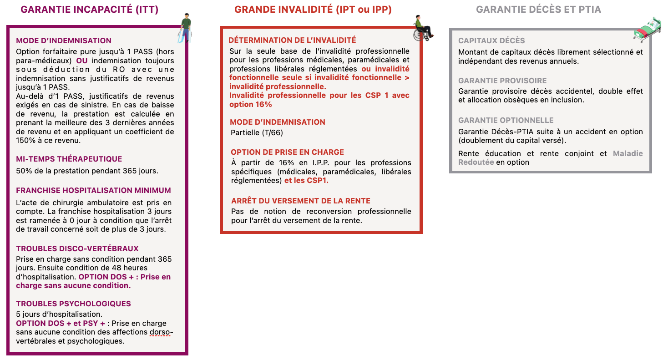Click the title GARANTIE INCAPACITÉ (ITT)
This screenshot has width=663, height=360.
(90, 10)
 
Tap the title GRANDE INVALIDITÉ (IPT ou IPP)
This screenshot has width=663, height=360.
(313, 10)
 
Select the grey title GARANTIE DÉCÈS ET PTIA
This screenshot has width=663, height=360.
(538, 10)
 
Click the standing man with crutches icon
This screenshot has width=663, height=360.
(185, 28)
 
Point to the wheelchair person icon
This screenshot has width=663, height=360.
(423, 28)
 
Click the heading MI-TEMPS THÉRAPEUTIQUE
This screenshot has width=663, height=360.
(69, 159)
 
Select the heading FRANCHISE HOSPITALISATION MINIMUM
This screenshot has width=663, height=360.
(93, 190)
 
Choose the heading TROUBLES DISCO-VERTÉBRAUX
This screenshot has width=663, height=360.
(77, 248)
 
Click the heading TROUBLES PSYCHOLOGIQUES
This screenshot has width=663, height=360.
(73, 304)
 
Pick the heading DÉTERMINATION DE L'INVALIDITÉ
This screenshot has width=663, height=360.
(292, 41)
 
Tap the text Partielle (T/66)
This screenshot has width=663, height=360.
(257, 132)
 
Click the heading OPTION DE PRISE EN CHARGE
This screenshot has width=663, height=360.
(288, 152)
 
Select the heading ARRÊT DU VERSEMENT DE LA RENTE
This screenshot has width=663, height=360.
(301, 201)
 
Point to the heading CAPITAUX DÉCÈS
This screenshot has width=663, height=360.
(491, 41)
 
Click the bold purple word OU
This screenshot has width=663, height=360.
(82, 61)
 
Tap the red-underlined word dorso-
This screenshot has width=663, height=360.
(161, 332)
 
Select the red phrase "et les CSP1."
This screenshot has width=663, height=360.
(306, 181)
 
